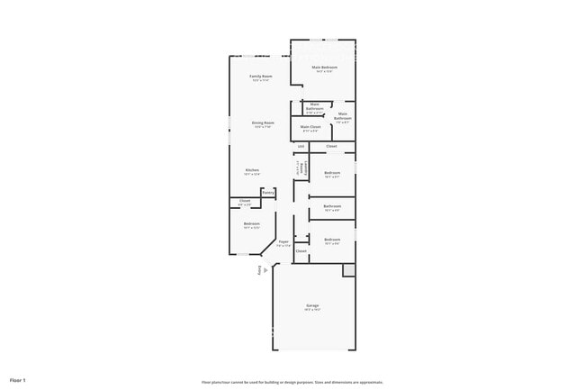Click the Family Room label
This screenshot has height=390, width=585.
pos(261,77)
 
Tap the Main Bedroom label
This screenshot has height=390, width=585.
pos(323,68)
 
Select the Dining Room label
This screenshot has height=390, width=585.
pos(263,123)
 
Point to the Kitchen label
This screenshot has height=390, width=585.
pos(253,170)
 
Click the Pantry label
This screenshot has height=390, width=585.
pos(267,192)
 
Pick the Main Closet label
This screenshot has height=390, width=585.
pos(310,128)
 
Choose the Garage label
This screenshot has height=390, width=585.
pos(312,306)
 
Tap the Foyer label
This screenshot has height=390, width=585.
pos(283,242)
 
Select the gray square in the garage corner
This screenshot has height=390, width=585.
pos(348,270)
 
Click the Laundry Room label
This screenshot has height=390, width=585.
pos(301,168)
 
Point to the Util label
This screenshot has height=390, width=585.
pos(301,146)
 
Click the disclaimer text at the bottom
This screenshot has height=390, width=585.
pos(292,382)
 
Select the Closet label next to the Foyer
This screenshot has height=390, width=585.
pos(301,251)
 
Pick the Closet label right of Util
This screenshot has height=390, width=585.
pos(331,146)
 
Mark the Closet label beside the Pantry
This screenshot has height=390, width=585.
pos(245,201)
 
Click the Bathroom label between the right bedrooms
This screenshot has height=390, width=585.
pos(331,207)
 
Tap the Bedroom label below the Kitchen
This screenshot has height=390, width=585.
pos(251,224)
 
